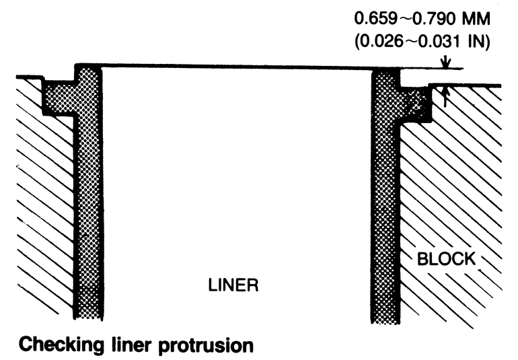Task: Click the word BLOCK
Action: pyautogui.click(x=447, y=259)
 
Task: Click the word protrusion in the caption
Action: pyautogui.click(x=212, y=345)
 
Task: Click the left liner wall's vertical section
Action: pyautogui.click(x=87, y=202)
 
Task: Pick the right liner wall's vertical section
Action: pyautogui.click(x=387, y=202)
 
